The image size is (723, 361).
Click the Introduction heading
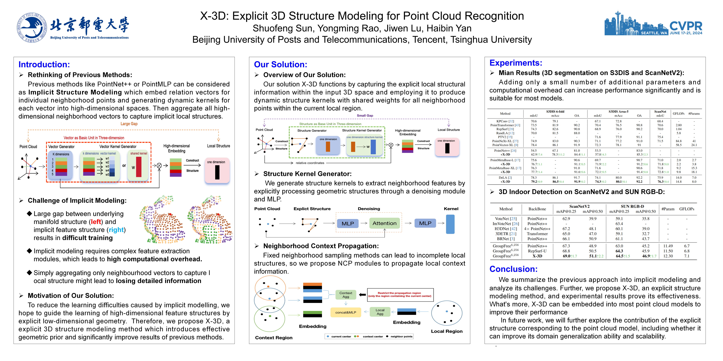(44, 64)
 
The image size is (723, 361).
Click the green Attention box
(384, 223)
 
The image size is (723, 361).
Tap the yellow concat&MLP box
(346, 312)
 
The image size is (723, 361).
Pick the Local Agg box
(380, 312)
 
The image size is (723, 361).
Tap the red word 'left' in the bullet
(96, 222)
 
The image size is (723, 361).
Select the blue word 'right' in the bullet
(116, 230)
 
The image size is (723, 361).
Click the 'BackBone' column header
(537, 209)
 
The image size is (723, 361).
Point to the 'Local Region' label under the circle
(447, 331)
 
